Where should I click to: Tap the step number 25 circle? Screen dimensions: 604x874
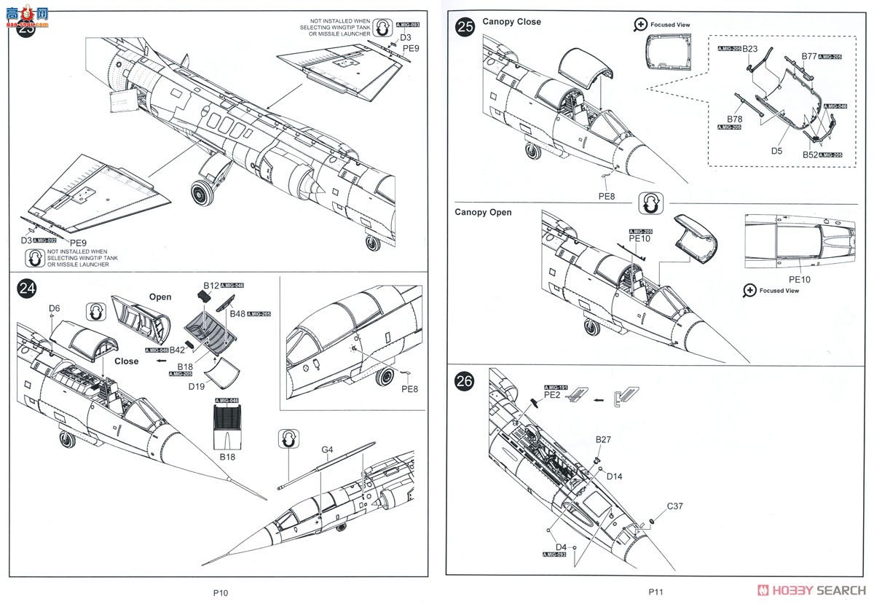coord(465,27)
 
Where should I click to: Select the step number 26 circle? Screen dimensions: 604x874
coord(465,381)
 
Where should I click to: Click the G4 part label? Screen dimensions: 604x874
coord(327,450)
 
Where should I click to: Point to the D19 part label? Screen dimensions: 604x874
coord(197,387)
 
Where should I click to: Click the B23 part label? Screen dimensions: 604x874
coord(750,49)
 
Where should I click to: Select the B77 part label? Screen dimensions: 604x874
coord(809,55)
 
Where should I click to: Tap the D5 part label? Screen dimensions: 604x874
coord(776,151)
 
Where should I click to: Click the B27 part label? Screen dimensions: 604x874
coord(603,439)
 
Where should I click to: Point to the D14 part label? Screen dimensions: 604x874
coord(614,476)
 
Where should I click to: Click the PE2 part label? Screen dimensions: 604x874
coord(551,393)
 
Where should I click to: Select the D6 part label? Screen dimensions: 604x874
coord(54,308)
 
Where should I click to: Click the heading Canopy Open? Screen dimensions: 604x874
coord(483,213)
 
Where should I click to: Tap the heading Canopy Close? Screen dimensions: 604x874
coord(511,22)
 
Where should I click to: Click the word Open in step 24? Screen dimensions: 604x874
coord(160,297)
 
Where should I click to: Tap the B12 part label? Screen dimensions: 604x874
coord(210,285)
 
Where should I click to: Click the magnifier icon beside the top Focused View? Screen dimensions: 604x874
coord(640,24)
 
